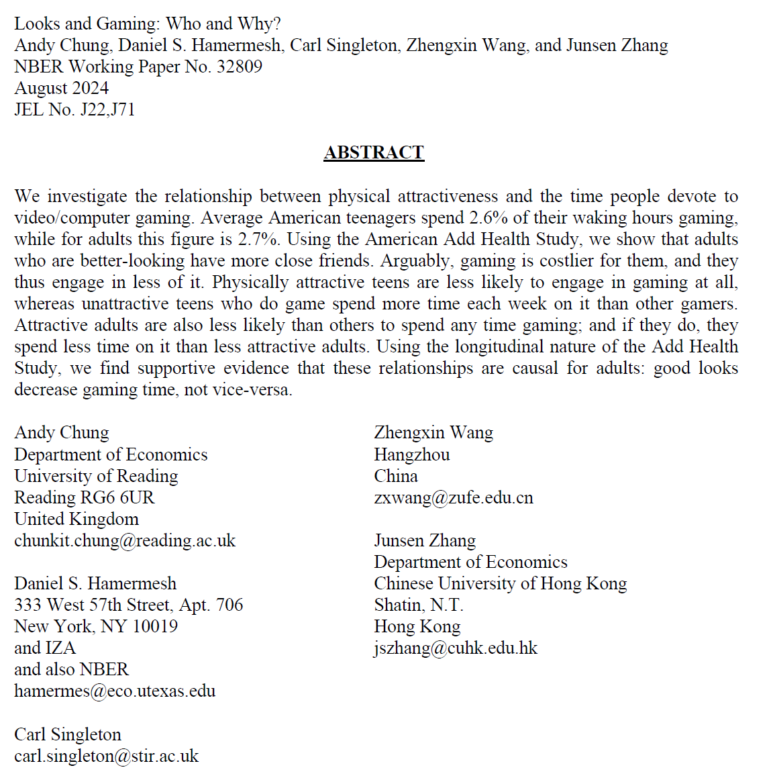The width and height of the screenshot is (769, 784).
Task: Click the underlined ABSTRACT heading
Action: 374,153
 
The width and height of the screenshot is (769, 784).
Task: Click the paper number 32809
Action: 239,67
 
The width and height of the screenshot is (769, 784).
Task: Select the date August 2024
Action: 61,89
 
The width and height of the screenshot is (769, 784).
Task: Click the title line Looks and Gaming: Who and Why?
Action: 148,24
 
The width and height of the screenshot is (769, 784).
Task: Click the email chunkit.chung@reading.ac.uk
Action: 125,541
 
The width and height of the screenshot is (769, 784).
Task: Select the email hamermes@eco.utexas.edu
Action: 115,691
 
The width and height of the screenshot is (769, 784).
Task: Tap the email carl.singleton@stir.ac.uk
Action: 106,756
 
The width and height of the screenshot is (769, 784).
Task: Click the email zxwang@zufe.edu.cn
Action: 454,498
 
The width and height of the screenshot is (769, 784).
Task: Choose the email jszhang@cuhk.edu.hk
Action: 456,648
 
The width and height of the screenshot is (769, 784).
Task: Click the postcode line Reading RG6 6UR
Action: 84,498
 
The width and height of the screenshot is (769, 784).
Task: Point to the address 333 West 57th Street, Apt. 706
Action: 128,605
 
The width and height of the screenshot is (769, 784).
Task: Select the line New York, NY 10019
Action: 96,627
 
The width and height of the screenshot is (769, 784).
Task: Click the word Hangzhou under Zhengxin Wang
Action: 412,455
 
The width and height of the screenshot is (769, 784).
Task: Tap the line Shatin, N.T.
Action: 419,605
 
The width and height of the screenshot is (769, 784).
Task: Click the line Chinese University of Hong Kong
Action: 500,584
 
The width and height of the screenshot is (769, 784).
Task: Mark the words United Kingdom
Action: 76,520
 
